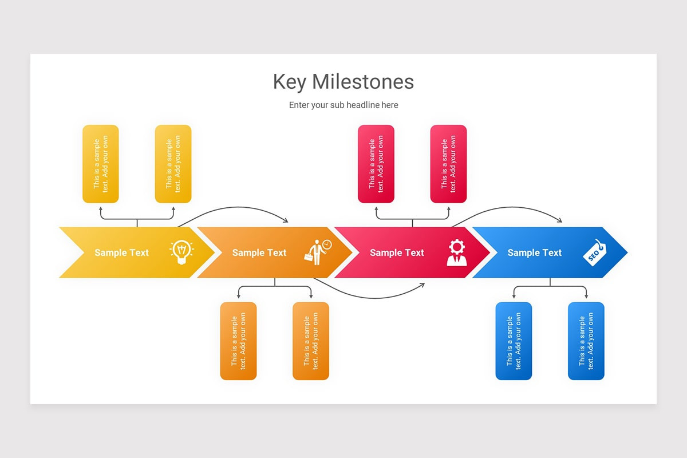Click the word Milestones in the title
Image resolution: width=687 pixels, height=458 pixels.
pos(363,82)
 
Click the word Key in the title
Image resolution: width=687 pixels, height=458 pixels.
pos(290,82)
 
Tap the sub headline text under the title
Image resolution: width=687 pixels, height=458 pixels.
pos(343,105)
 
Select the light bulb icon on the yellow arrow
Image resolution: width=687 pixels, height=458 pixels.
pos(181,252)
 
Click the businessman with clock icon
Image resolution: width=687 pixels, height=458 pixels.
pos(317,252)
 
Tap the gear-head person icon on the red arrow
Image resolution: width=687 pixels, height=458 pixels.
pos(457,252)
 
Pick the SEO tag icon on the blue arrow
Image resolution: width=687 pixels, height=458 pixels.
pos(594,252)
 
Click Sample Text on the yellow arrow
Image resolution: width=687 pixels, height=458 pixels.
pos(121,252)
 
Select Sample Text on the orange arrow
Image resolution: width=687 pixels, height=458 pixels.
pos(259,252)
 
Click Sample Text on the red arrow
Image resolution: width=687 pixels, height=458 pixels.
pos(397,252)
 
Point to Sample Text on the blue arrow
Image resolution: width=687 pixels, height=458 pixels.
pos(535,252)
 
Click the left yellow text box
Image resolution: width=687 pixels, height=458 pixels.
pos(101,164)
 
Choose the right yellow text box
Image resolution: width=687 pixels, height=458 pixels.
pos(173,164)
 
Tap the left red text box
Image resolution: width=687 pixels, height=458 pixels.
pos(376,164)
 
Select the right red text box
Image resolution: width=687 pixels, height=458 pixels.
pos(448,164)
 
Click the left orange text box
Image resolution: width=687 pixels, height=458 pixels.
pos(238,341)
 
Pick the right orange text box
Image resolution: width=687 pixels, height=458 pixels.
pos(311,341)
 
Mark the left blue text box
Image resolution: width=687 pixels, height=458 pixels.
pos(514,341)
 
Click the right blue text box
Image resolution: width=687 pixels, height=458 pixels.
pos(586,341)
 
